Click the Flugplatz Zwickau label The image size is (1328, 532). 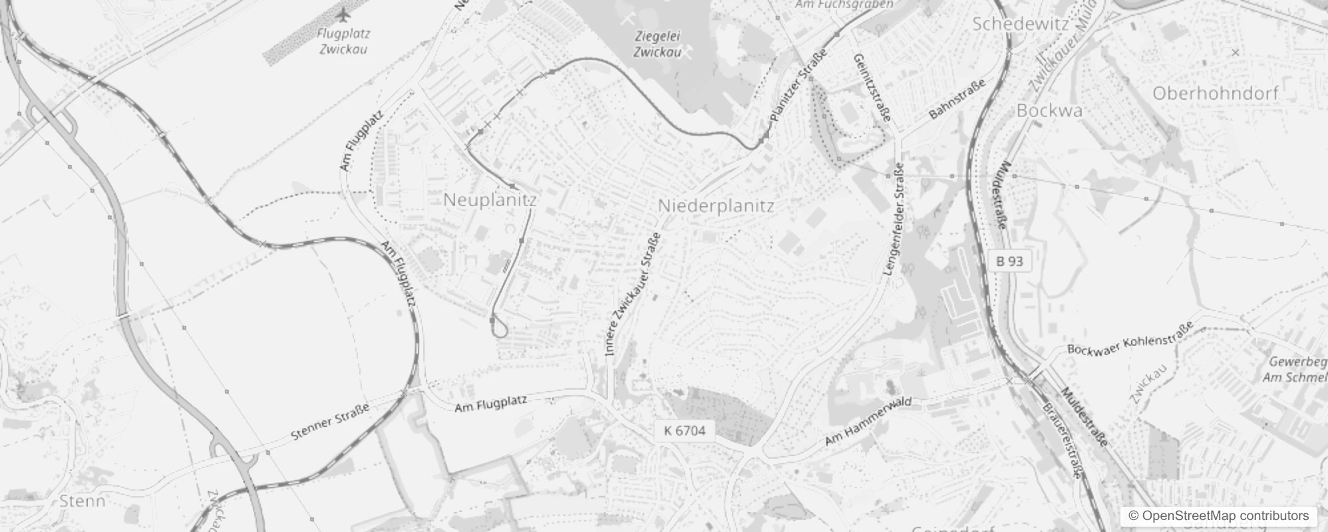pyautogui.click(x=343, y=41)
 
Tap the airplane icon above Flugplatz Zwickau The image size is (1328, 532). pyautogui.click(x=343, y=15)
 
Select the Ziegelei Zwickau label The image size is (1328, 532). pyautogui.click(x=657, y=44)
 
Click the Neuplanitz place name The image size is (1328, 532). pyautogui.click(x=490, y=199)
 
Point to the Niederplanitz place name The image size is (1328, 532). pyautogui.click(x=716, y=206)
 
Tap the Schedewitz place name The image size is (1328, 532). pyautogui.click(x=1020, y=25)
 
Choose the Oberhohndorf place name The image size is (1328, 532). pyautogui.click(x=1216, y=94)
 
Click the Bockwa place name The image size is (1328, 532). pyautogui.click(x=1049, y=111)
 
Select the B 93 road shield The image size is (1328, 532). pyautogui.click(x=1009, y=261)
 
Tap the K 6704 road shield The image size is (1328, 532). pyautogui.click(x=685, y=430)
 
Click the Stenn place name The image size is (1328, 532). pyautogui.click(x=83, y=501)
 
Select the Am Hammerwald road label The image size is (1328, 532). pyautogui.click(x=868, y=422)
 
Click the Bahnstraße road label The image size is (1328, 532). pyautogui.click(x=957, y=100)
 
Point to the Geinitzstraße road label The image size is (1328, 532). pyautogui.click(x=872, y=87)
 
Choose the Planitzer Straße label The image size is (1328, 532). pyautogui.click(x=798, y=85)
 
